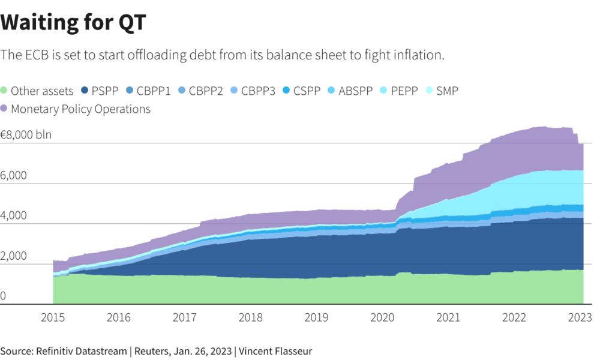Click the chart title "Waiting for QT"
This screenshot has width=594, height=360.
pos(73,23)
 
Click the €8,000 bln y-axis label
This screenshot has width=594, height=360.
pos(26,134)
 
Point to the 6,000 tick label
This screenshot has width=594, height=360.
pos(14,176)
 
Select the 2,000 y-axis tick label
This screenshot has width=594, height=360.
pos(14,256)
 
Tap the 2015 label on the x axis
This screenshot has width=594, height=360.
pos(53,317)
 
